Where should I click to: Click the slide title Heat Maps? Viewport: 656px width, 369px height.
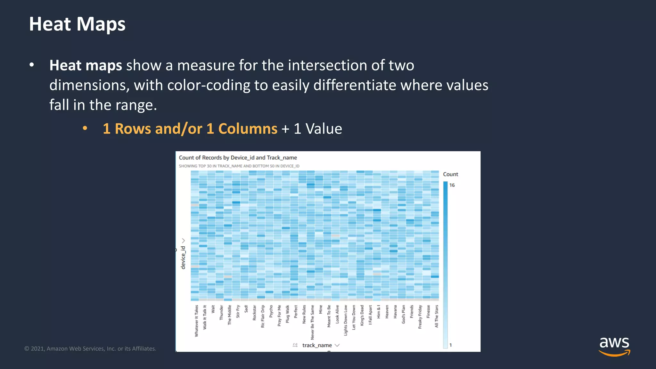[x=77, y=24]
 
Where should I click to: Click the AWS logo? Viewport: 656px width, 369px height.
[x=614, y=346]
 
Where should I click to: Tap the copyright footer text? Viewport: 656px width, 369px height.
[x=90, y=348]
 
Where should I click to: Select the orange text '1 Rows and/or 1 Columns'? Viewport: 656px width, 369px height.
[x=190, y=129]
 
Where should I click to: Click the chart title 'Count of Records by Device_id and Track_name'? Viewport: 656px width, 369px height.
[x=238, y=158]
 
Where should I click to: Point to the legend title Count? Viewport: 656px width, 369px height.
[x=450, y=174]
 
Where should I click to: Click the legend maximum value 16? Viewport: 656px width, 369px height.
[x=452, y=185]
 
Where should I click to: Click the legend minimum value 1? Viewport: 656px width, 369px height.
[x=451, y=345]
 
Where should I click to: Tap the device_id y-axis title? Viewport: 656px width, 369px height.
[x=183, y=258]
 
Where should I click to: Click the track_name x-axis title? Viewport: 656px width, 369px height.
[x=317, y=345]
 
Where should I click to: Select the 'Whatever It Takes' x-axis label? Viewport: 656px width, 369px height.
[x=197, y=321]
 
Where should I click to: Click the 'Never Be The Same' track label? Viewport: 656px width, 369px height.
[x=312, y=322]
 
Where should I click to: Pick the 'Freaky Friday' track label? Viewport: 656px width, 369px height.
[x=420, y=317]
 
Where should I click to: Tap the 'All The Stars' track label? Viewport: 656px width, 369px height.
[x=436, y=316]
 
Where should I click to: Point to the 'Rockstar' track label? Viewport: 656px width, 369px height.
[x=254, y=313]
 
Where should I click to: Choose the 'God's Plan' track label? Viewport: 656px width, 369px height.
[x=403, y=314]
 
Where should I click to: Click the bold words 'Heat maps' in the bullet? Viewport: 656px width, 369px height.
[x=86, y=65]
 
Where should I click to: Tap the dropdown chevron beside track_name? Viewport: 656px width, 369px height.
[x=337, y=345]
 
